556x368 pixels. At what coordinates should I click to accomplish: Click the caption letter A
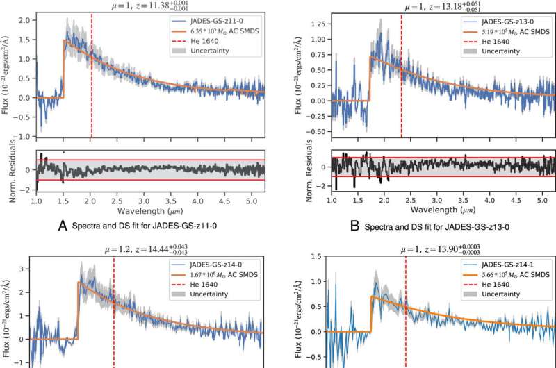point(64,224)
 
